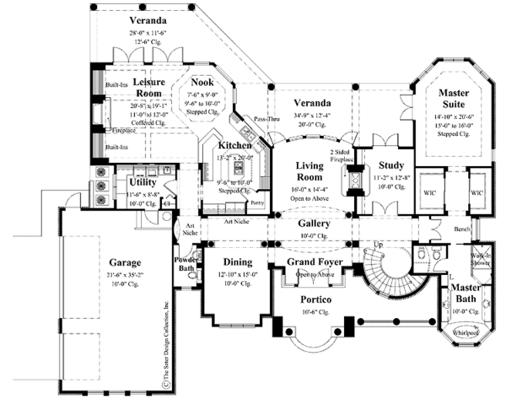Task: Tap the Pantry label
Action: (257, 203)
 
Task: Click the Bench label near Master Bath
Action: (461, 229)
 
